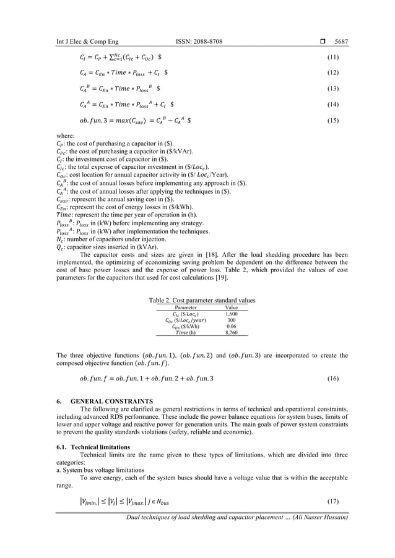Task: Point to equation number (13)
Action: click(332, 88)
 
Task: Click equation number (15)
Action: click(332, 121)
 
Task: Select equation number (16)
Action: click(332, 378)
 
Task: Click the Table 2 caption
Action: click(202, 301)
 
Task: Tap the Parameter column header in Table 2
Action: click(186, 307)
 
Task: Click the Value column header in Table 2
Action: click(232, 307)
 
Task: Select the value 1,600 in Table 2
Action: click(232, 314)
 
